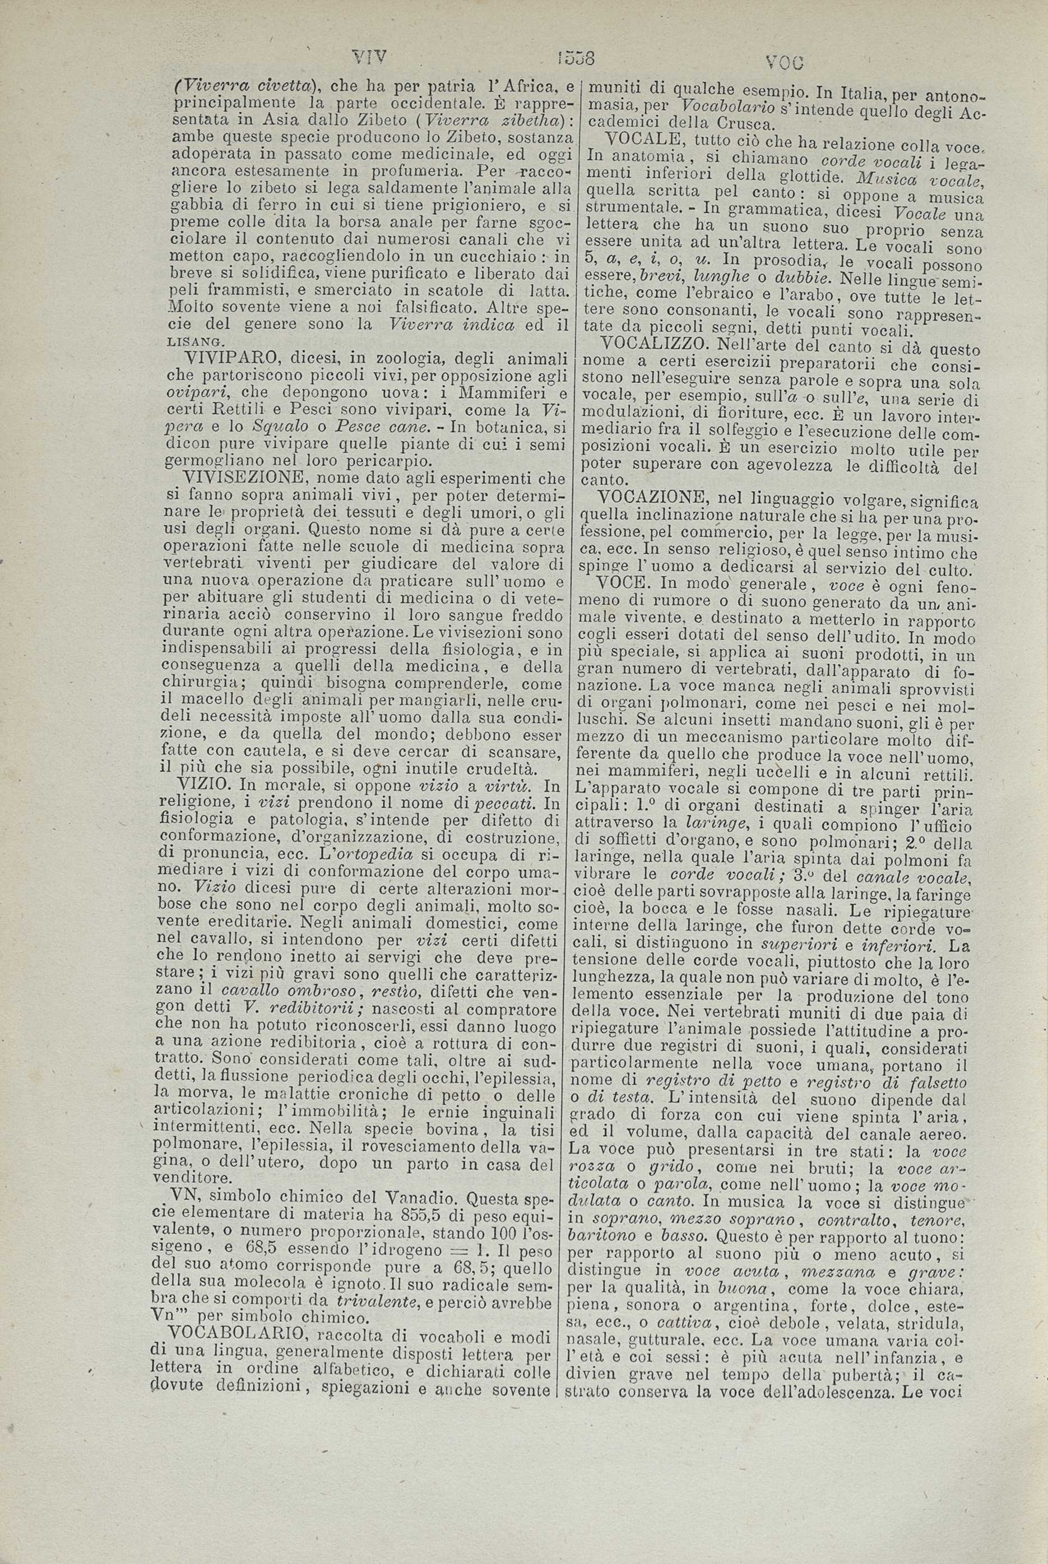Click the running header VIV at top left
tap(372, 57)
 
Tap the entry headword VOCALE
tap(642, 140)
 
